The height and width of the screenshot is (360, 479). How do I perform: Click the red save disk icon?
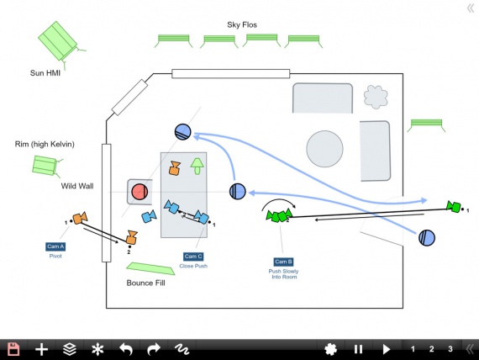pos(13,349)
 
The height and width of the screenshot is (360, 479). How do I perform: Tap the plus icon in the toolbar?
pos(41,349)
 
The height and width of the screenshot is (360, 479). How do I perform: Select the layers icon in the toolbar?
pos(70,349)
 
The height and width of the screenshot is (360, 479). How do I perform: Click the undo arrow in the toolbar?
pos(126,349)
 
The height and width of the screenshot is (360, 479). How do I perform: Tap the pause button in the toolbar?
pos(358,349)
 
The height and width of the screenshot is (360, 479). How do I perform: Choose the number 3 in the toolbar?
pos(450,349)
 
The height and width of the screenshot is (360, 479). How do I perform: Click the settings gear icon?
pos(330,349)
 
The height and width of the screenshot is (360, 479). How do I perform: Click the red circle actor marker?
pos(139,192)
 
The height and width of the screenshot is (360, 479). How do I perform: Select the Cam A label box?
pos(55,246)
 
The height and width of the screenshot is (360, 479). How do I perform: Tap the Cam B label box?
pos(283,262)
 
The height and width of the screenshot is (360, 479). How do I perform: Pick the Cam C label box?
pos(193,257)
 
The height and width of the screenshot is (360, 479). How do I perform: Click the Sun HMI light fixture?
pos(61,42)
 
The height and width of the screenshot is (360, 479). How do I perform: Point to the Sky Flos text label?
pos(242,24)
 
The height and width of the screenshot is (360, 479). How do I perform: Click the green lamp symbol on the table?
pos(197,166)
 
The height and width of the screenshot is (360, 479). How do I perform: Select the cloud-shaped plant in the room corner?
pos(376,97)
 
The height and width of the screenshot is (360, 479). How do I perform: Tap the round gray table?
pos(324,149)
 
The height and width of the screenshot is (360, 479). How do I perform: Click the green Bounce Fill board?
pos(150,268)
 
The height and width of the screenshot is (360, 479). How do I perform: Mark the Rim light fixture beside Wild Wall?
pos(46,166)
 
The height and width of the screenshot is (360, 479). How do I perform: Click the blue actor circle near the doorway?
pos(427,238)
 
